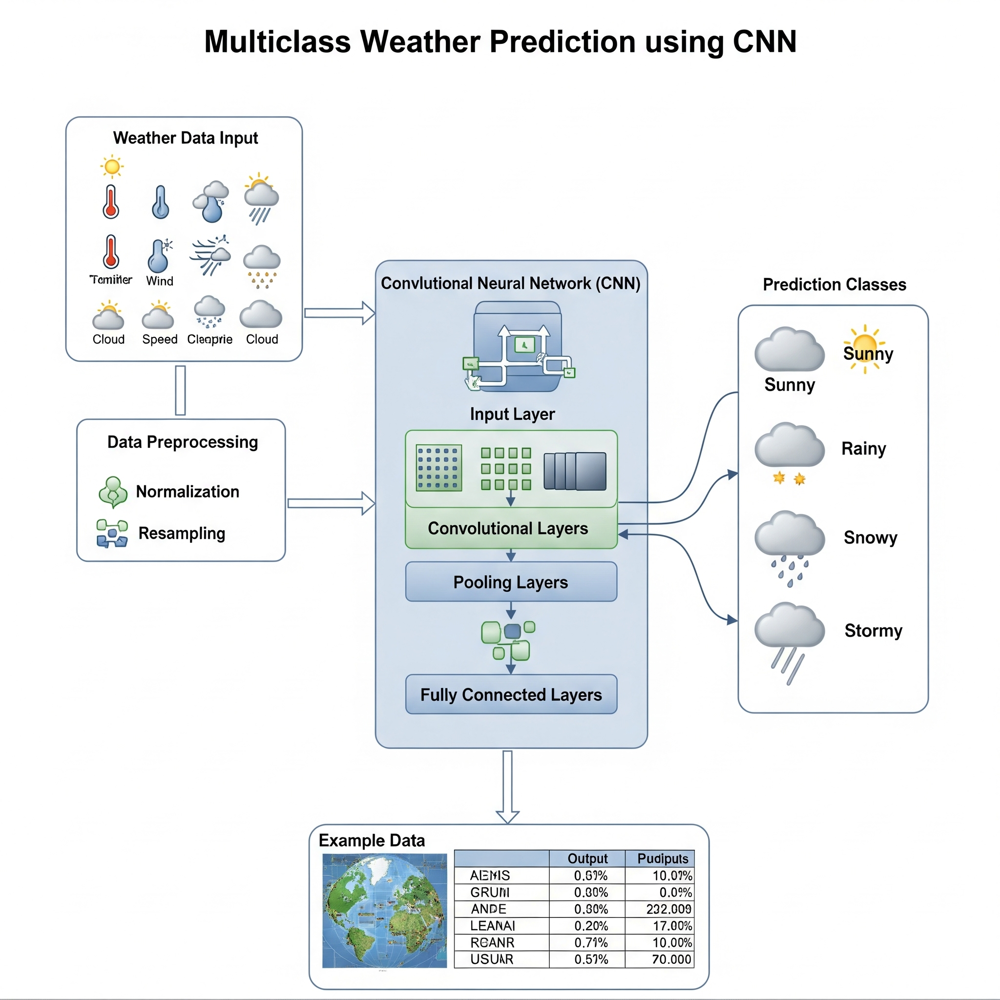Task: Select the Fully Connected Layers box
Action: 511,694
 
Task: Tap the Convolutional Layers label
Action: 508,528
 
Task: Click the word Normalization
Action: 187,491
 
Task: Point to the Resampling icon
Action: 112,534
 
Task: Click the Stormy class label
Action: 873,630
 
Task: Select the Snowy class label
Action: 870,537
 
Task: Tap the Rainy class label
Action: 863,448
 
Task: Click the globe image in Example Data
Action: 384,911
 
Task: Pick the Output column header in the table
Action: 587,859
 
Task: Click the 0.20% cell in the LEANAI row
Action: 591,925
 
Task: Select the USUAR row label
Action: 491,959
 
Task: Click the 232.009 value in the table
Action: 668,909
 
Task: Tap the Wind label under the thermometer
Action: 159,281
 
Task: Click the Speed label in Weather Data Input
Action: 159,339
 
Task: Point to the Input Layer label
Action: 512,414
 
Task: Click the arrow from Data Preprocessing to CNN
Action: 331,503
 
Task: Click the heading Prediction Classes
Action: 834,284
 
